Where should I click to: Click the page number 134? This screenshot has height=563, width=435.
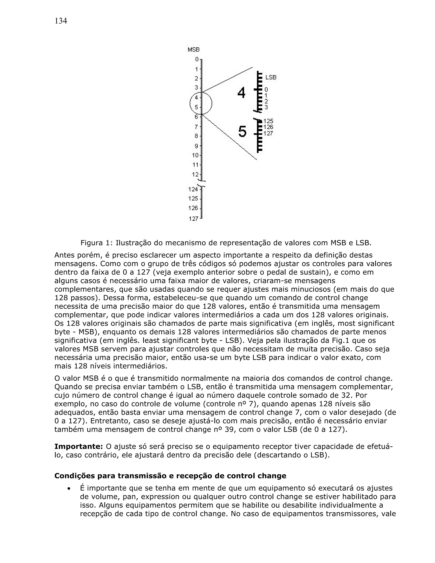[61, 21]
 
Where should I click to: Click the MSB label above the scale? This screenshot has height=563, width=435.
[193, 50]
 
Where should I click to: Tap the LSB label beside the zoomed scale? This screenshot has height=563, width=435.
[271, 77]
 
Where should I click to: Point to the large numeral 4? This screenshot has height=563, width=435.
[241, 93]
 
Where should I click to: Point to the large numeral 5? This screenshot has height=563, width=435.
[242, 132]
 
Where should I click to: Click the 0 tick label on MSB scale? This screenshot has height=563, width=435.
[197, 59]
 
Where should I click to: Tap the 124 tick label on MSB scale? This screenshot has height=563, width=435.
[193, 189]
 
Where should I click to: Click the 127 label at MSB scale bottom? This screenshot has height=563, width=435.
[193, 219]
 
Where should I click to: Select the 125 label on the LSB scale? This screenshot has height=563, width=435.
[268, 121]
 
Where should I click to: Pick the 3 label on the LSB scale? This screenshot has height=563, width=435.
[266, 107]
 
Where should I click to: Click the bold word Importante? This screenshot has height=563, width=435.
[79, 446]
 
